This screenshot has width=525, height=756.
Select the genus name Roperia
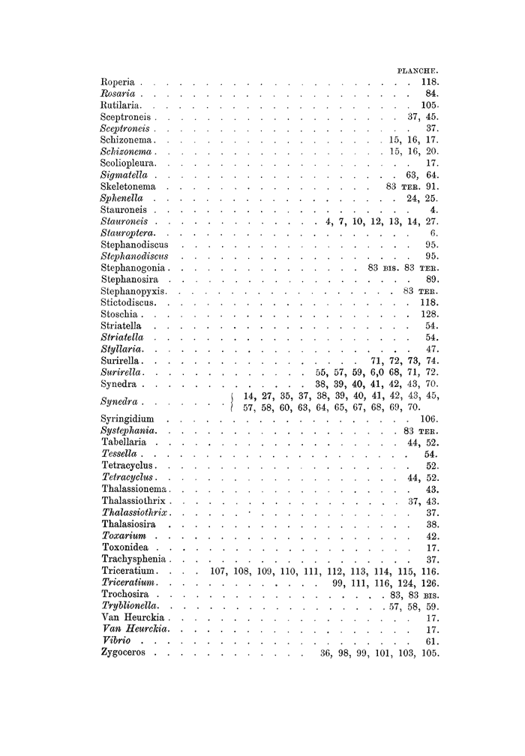[117, 82]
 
